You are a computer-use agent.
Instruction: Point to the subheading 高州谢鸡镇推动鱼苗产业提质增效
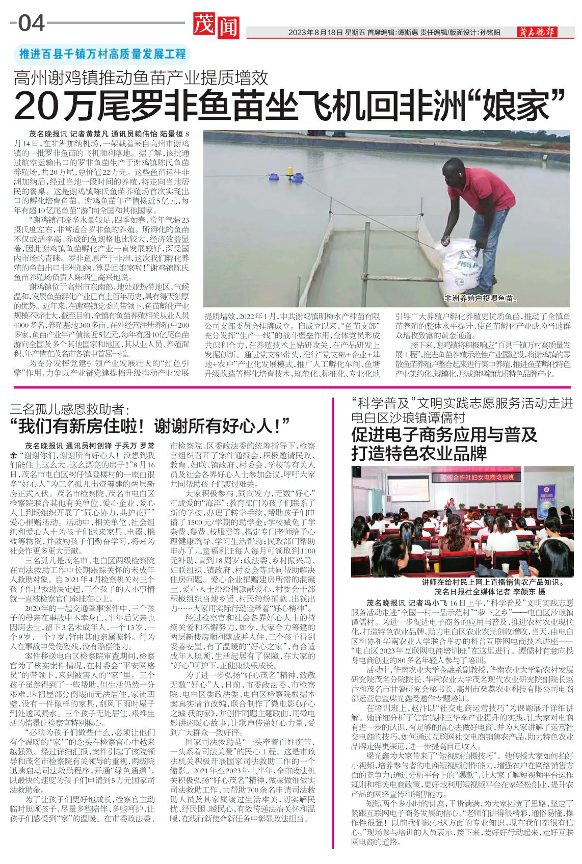pyautogui.click(x=141, y=78)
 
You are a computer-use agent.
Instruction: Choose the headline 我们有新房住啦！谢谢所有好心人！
pyautogui.click(x=150, y=426)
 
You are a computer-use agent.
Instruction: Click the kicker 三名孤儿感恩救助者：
pyautogui.click(x=70, y=409)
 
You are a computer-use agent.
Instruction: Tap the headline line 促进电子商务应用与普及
pyautogui.click(x=444, y=435)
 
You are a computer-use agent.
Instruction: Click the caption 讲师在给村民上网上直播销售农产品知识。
pyautogui.click(x=492, y=582)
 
